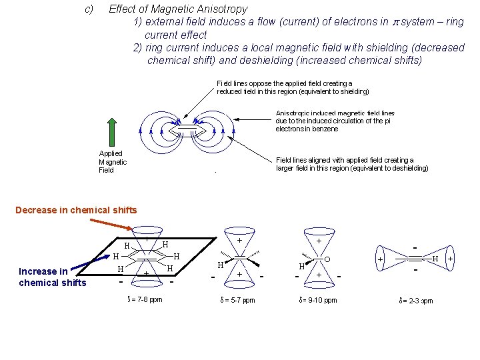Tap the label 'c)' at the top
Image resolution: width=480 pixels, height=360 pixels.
tap(89, 9)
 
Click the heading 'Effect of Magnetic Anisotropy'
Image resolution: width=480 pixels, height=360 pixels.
tap(178, 9)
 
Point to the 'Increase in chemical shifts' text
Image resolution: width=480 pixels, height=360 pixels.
tap(53, 277)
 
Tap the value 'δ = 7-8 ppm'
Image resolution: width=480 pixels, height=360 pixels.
tap(145, 299)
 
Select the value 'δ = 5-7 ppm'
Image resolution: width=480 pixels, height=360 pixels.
tap(237, 300)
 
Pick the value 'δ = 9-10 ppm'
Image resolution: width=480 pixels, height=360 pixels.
tap(318, 300)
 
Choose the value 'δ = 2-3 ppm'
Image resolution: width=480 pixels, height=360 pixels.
tap(415, 301)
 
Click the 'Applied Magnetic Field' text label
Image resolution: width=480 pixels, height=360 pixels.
tap(113, 162)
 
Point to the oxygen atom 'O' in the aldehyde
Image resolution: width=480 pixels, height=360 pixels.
tap(327, 259)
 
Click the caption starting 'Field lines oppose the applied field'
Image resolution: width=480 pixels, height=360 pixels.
tap(293, 87)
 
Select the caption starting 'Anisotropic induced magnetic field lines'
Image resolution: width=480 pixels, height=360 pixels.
tap(335, 121)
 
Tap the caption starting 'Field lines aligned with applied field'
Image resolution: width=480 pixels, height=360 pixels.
tap(352, 164)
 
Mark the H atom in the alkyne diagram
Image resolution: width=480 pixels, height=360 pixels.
tap(435, 258)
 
